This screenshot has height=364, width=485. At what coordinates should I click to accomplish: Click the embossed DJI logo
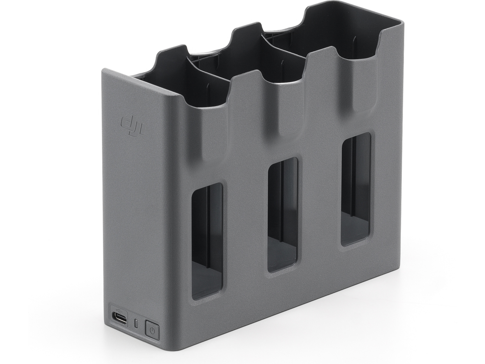tap(132, 126)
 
